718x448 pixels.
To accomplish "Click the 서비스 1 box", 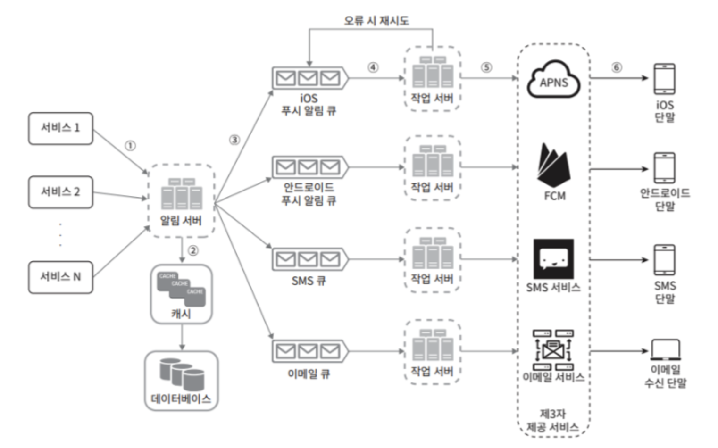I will point(60,128).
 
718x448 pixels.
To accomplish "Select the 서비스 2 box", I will point(60,192).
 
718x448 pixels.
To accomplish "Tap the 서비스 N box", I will point(60,277).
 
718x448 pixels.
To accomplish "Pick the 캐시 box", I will point(182,294).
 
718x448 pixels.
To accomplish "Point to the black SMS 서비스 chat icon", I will point(553,258).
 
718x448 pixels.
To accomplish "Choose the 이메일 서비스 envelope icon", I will point(553,349).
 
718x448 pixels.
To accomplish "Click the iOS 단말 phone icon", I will point(664,79).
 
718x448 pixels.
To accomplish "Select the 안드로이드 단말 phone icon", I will point(664,168).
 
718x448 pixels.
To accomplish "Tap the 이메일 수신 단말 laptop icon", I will point(665,349).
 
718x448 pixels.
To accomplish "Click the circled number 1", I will point(130,145).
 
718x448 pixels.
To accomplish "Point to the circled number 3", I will point(234,140).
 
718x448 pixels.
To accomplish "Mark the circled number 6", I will point(617,67).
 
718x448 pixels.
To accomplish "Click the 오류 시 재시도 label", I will point(376,20).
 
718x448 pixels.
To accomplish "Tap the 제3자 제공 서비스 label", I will point(552,421).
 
